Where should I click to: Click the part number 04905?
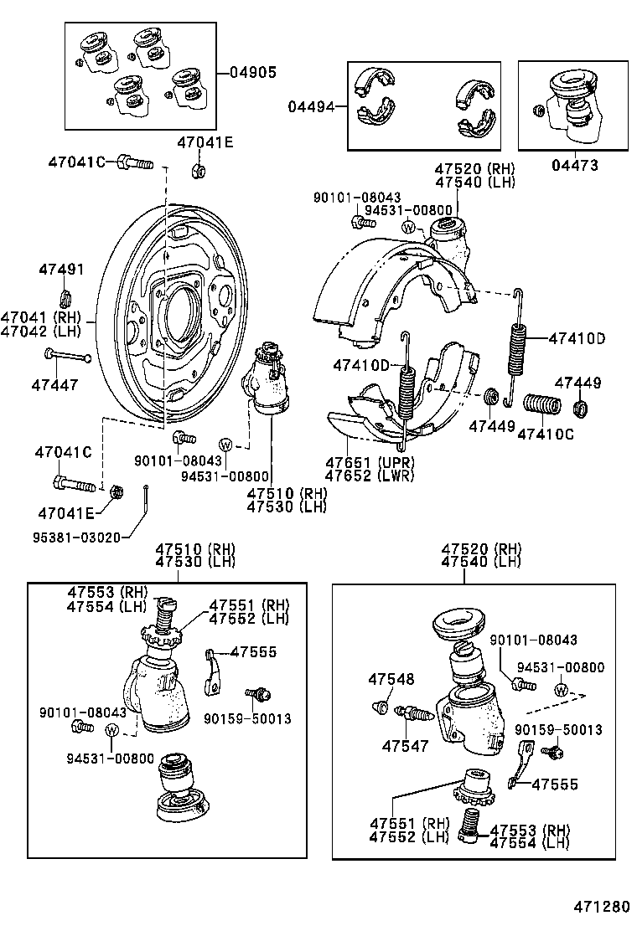click(252, 72)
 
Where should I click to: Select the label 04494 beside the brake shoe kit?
click(311, 106)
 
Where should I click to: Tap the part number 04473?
click(575, 166)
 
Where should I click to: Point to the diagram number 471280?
click(601, 908)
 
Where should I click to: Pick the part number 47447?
click(55, 385)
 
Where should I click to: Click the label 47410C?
click(546, 434)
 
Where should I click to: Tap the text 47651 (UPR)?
click(366, 461)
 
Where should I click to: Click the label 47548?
click(391, 679)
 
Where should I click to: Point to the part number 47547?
click(407, 744)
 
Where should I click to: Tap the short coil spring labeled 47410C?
click(541, 405)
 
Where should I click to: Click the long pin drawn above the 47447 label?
click(68, 357)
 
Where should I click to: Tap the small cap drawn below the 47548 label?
click(380, 707)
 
